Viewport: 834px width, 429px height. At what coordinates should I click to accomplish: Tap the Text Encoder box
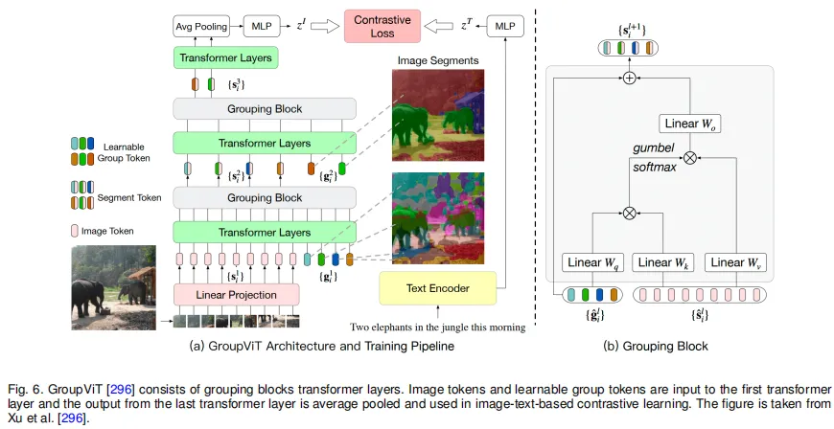coord(439,286)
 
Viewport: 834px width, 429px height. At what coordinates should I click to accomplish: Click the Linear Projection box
coord(237,294)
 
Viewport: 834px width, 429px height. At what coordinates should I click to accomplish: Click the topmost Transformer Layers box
coord(224,58)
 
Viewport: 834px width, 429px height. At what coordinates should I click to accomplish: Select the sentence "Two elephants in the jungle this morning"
coord(438,327)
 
